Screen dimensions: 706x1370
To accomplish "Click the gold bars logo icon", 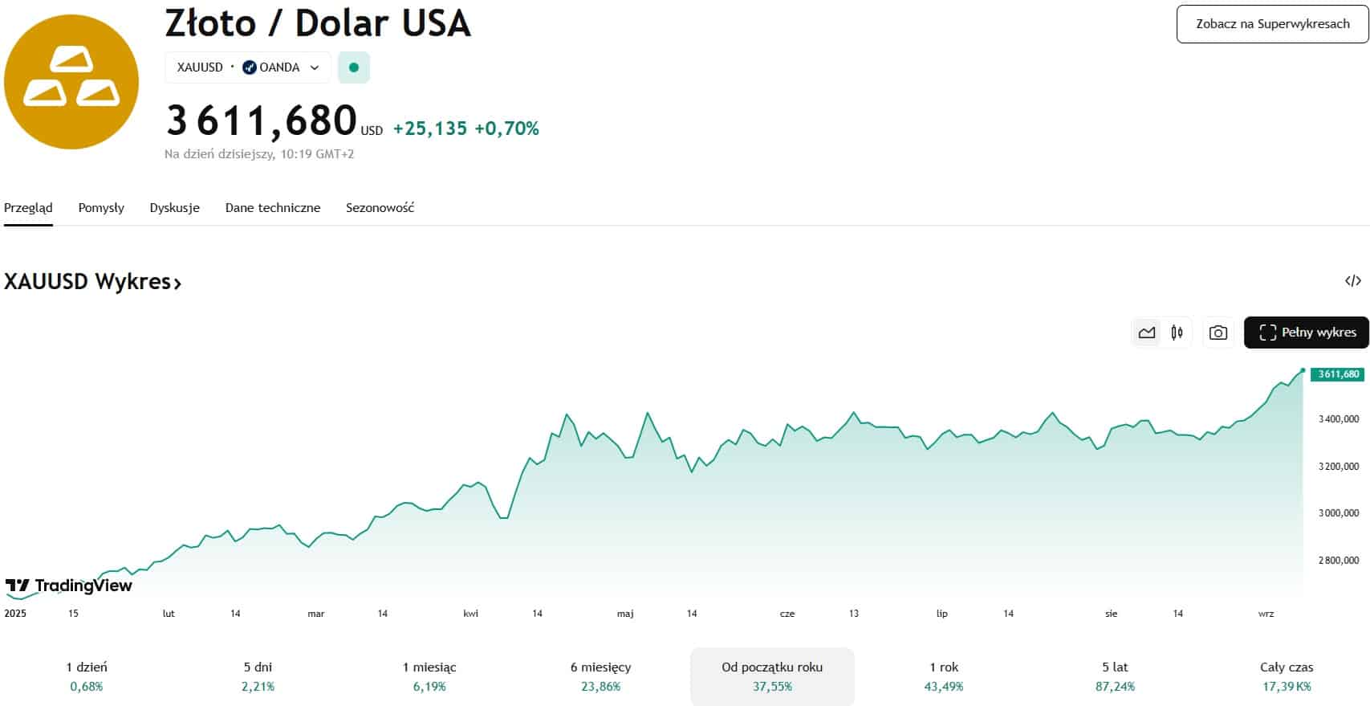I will tap(71, 82).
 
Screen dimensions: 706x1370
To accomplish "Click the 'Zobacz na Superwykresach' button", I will tap(1272, 24).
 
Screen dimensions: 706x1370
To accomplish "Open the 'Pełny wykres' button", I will tap(1306, 333).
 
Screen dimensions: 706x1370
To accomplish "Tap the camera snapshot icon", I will tap(1218, 333).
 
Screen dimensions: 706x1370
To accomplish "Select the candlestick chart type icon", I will tap(1177, 333).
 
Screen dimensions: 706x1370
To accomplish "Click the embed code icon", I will tap(1352, 281).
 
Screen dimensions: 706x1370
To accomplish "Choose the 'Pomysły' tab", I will tap(101, 208).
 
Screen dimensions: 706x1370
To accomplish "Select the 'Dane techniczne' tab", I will tap(273, 208).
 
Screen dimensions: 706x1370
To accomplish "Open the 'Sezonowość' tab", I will tap(380, 208).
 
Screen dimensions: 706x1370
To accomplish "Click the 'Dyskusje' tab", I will tap(174, 208).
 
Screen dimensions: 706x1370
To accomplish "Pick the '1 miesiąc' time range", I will tap(429, 676).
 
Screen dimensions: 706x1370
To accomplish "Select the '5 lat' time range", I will tap(1115, 676).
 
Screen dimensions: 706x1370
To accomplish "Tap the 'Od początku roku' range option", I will tap(772, 676).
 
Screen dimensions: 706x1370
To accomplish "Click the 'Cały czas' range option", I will tap(1287, 676).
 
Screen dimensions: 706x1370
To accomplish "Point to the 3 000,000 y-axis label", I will tap(1338, 513).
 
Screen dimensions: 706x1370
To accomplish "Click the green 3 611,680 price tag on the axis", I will tap(1338, 374).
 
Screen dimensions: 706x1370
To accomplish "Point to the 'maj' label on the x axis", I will tap(625, 614).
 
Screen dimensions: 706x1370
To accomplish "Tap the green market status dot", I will tap(354, 67).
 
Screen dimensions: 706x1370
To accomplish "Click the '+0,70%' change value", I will tap(506, 129).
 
